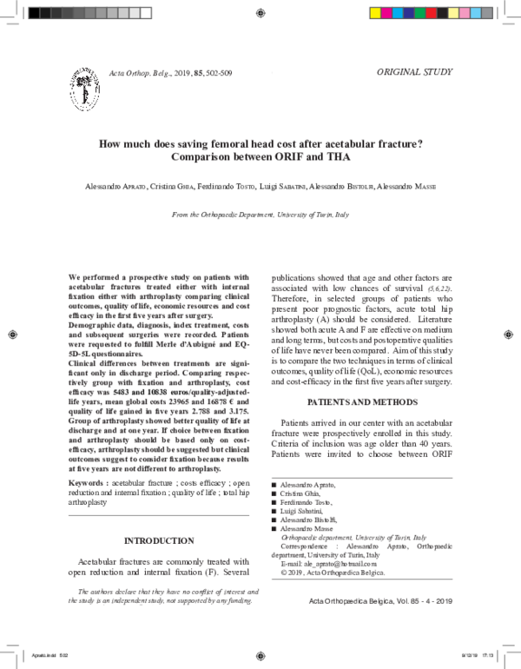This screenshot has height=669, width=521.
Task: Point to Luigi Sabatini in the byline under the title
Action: (x=283, y=187)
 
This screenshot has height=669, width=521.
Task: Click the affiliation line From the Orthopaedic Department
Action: (x=260, y=214)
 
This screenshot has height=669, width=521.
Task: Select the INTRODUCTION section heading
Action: (x=159, y=540)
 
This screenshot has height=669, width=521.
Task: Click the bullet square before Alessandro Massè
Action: (x=274, y=528)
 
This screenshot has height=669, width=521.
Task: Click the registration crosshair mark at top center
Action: (x=261, y=13)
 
